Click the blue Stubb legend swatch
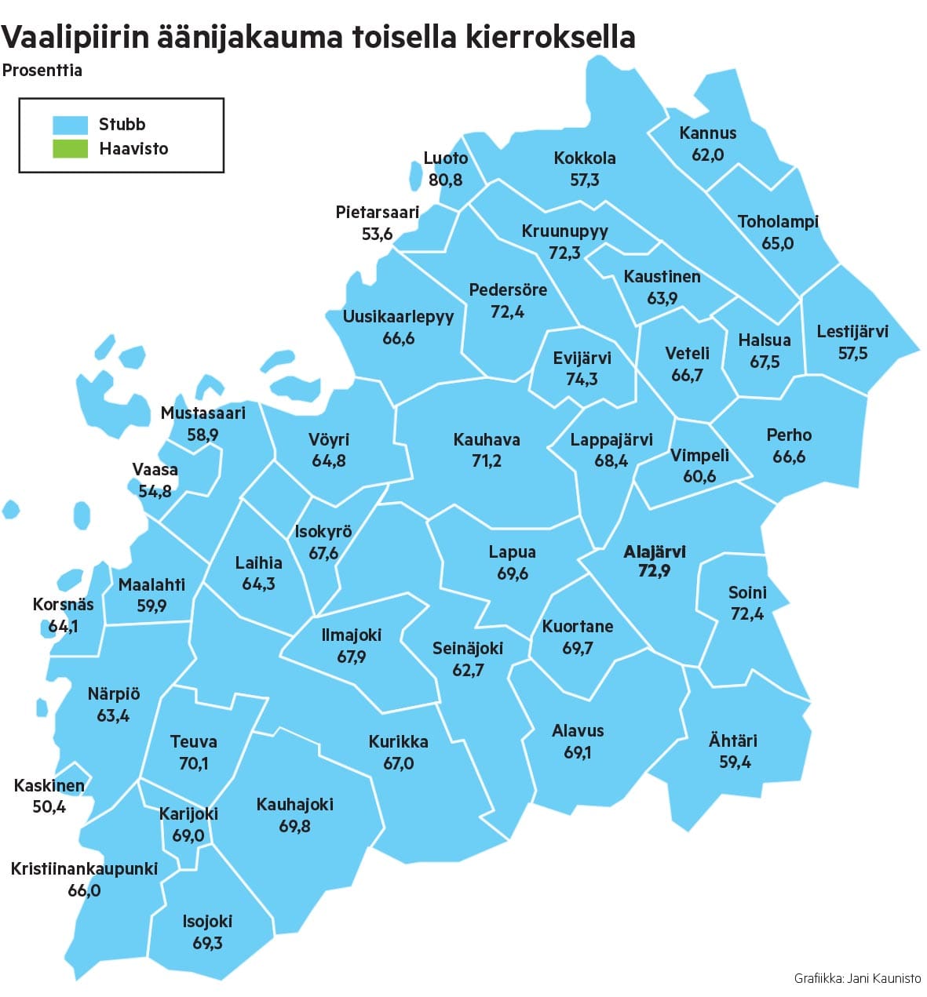[x=70, y=125]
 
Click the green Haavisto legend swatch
[x=70, y=149]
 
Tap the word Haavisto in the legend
[x=133, y=149]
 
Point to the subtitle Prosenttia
[x=42, y=71]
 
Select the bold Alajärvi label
[x=654, y=552]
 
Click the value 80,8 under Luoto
[x=445, y=180]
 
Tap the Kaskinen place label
[x=49, y=785]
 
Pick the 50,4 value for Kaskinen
[x=49, y=806]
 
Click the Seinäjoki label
[x=468, y=649]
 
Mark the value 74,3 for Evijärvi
[x=582, y=380]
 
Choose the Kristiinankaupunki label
[x=84, y=869]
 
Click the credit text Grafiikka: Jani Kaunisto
[x=857, y=978]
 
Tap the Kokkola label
[x=585, y=158]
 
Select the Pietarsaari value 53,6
[x=377, y=234]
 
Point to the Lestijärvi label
[x=852, y=332]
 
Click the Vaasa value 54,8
[x=155, y=492]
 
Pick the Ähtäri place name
[x=733, y=740]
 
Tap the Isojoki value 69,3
[x=207, y=943]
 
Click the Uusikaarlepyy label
[x=398, y=317]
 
